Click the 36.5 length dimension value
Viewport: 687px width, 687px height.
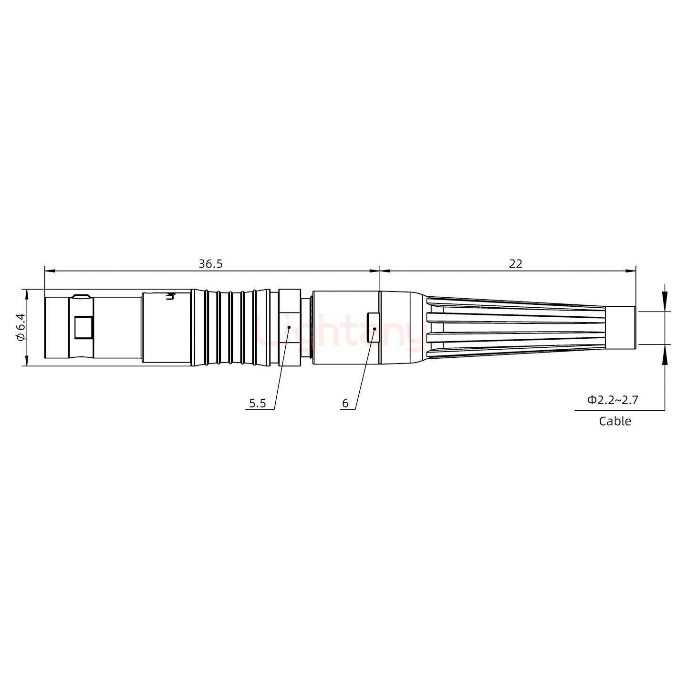tap(210, 263)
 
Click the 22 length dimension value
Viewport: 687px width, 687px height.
tap(515, 263)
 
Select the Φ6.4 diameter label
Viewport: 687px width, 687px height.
tap(20, 327)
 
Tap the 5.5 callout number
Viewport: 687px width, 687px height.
tap(257, 404)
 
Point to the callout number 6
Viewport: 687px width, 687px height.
tap(345, 404)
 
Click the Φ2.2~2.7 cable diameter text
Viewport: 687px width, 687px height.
tap(612, 400)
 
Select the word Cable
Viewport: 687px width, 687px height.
tap(614, 421)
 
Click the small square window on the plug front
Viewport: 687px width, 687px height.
tap(84, 328)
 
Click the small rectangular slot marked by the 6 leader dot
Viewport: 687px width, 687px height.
tap(373, 328)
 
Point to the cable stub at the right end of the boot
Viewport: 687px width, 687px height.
tap(620, 328)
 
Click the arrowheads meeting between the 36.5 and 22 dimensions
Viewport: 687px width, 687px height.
tap(380, 271)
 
